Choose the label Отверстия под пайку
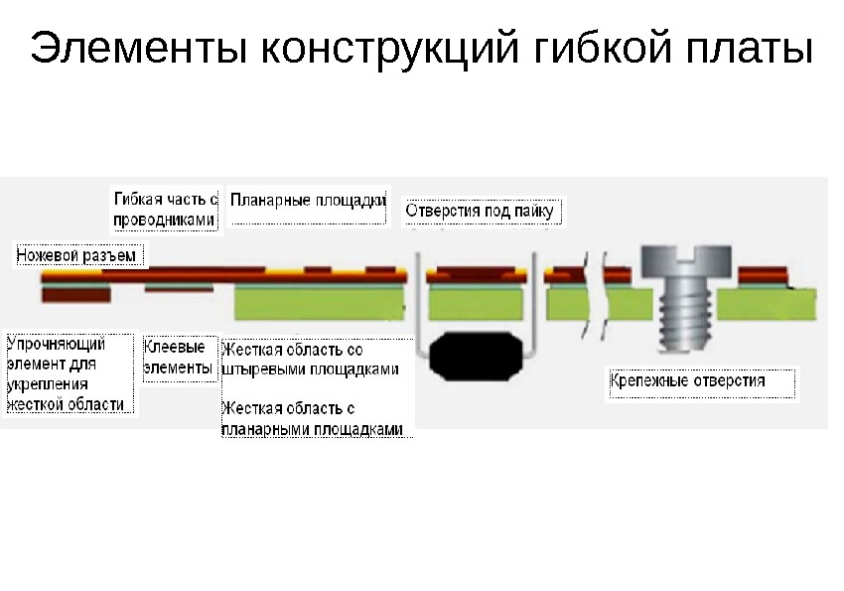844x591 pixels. click(483, 211)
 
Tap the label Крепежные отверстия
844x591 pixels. click(701, 381)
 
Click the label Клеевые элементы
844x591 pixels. click(179, 359)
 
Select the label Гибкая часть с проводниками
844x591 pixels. click(164, 209)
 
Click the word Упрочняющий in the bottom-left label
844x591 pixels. click(56, 345)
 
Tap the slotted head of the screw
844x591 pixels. click(686, 260)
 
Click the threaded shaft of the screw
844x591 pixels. click(686, 313)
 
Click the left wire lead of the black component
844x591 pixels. click(419, 308)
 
